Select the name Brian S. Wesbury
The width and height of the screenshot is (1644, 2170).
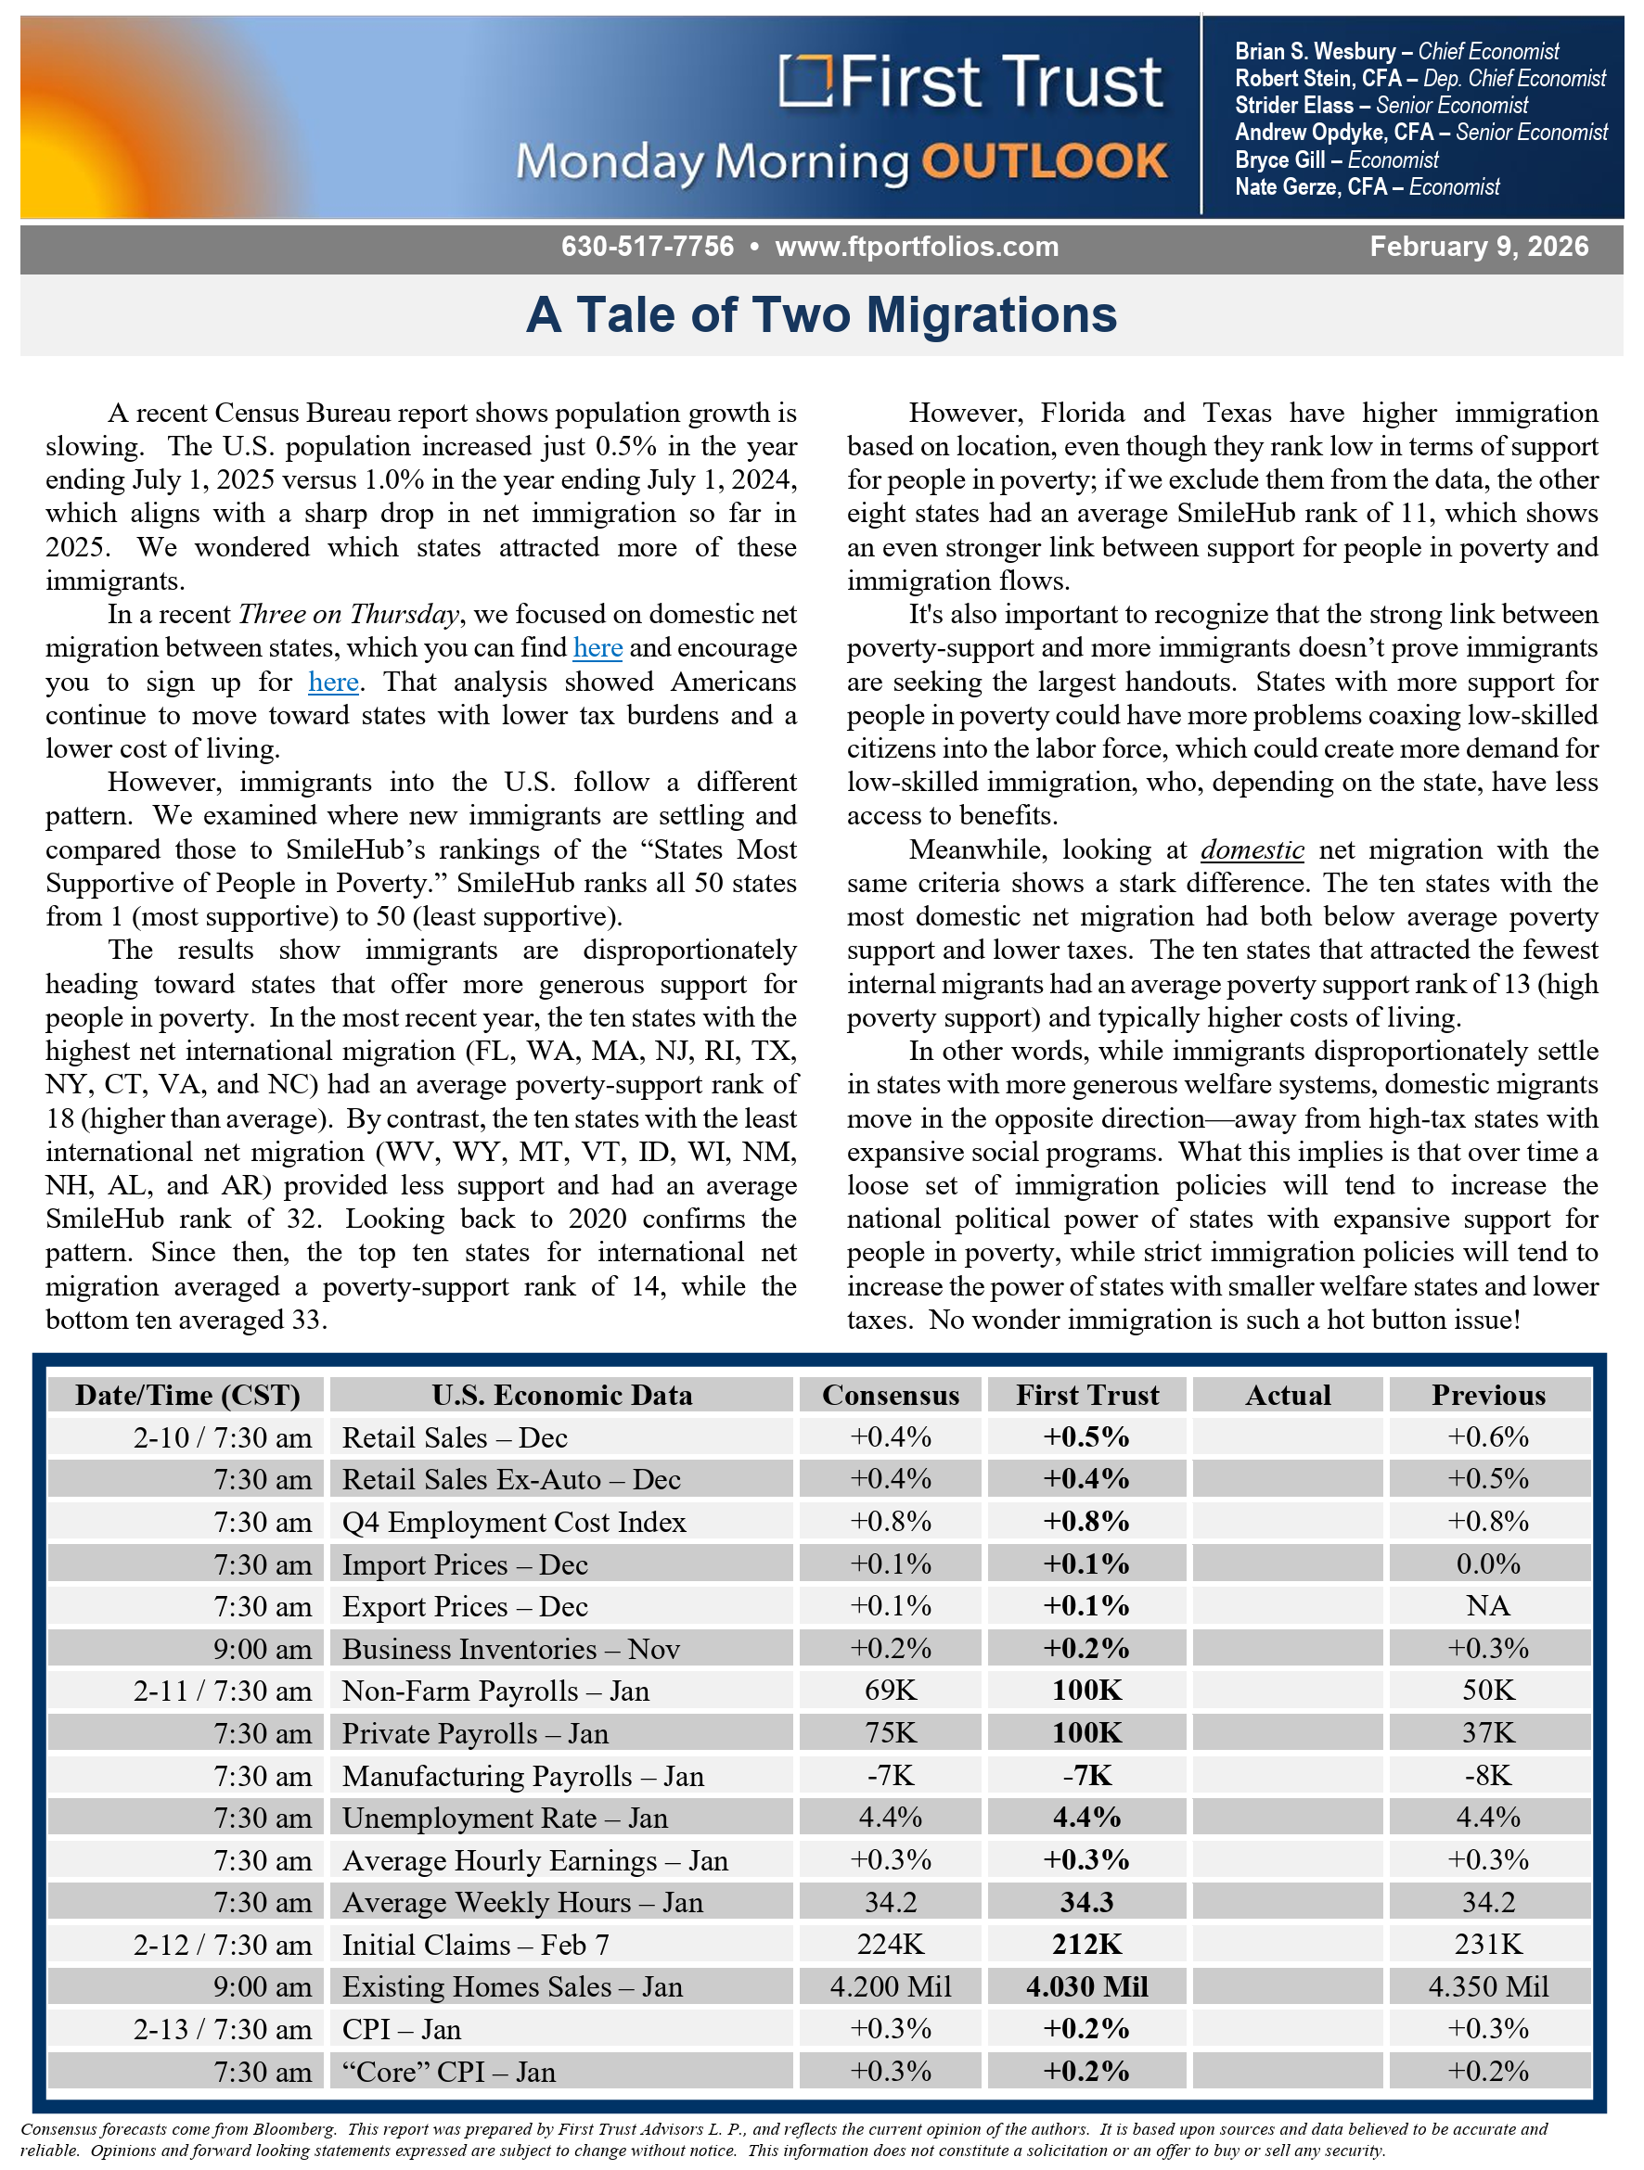point(1315,51)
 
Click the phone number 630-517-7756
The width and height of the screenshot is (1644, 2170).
point(647,247)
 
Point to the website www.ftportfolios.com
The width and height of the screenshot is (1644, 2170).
point(917,247)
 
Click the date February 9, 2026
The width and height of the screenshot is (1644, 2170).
point(1478,247)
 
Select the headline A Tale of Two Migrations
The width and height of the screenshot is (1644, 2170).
point(821,315)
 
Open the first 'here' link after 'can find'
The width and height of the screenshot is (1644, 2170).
point(597,648)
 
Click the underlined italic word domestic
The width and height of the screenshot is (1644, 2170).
point(1252,849)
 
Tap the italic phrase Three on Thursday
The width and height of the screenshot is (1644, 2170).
point(349,615)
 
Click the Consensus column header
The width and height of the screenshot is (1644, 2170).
point(891,1395)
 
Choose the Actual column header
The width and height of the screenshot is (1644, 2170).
point(1288,1395)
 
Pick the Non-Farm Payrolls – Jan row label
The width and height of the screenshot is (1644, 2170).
point(495,1691)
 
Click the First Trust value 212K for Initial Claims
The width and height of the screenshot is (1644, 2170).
point(1086,1945)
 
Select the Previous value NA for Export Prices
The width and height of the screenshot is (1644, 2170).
point(1488,1606)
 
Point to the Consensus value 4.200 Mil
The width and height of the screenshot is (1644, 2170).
point(891,1986)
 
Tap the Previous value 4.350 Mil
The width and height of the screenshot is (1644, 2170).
point(1488,1986)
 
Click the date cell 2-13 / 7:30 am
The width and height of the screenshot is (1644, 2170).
point(223,2030)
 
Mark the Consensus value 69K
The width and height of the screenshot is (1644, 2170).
point(891,1691)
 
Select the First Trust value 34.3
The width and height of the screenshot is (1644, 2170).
point(1086,1902)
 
